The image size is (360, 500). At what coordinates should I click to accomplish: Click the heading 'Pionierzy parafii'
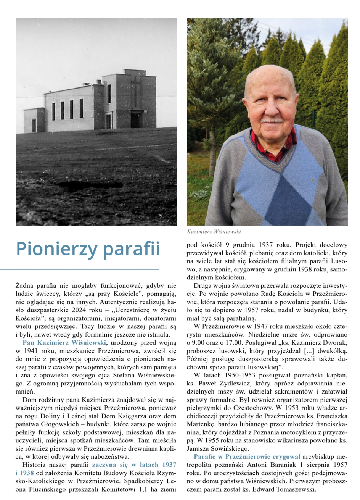click(x=88, y=248)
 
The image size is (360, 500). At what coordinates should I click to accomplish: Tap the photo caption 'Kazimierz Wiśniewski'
click(x=214, y=232)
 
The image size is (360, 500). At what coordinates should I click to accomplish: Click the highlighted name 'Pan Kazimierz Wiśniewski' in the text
click(x=64, y=342)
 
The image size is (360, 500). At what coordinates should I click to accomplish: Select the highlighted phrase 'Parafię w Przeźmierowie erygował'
click(x=247, y=456)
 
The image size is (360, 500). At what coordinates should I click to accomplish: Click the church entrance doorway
click(x=135, y=119)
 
